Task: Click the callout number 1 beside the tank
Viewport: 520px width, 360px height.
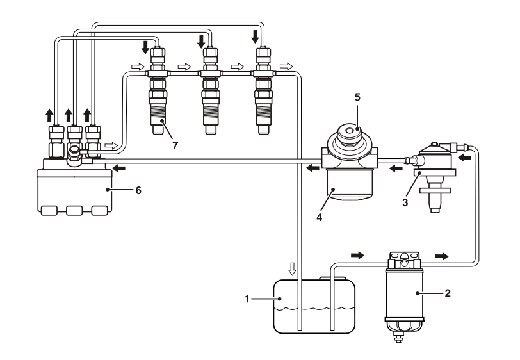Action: point(247,299)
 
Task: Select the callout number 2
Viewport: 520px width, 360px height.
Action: point(448,293)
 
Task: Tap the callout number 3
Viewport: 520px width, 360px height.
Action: point(405,202)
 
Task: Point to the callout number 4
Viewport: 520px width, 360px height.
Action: point(319,218)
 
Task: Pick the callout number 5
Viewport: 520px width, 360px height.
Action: point(357,97)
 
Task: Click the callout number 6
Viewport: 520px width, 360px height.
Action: point(138,190)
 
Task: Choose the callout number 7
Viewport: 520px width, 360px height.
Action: point(175,145)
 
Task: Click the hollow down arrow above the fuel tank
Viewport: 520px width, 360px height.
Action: point(292,269)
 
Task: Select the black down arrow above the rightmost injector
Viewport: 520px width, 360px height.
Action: point(255,37)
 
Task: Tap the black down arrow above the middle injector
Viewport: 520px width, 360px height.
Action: point(201,42)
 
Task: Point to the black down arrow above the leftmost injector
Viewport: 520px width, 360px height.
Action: point(145,47)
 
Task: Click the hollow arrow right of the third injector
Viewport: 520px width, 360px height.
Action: point(286,67)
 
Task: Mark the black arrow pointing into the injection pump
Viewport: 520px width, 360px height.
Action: point(118,168)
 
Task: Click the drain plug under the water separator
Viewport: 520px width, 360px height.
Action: point(397,339)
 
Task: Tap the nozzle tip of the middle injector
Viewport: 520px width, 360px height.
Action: point(211,130)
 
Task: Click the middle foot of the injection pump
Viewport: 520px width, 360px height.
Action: point(74,211)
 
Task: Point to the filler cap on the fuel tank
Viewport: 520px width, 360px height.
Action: point(332,278)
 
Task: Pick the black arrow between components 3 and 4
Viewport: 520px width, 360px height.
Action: point(396,168)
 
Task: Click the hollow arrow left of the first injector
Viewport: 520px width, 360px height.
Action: point(138,67)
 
